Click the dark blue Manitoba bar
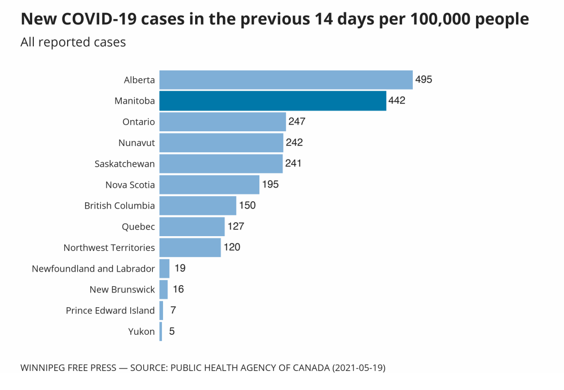[x=272, y=101]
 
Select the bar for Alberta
[x=286, y=80]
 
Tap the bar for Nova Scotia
[x=209, y=184]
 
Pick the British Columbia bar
[x=197, y=206]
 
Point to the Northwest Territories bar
[x=190, y=247]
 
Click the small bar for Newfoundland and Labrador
[x=165, y=268]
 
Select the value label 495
[x=424, y=79]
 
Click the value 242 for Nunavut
[x=294, y=143]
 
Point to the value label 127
[x=236, y=227]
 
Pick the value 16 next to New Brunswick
[x=178, y=289]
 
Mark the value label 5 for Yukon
[x=171, y=331]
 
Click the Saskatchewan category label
[x=125, y=164]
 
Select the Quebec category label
[x=138, y=227]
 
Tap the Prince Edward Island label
[x=110, y=311]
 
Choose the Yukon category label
[x=142, y=331]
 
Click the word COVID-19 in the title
[x=108, y=19]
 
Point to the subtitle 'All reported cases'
[x=73, y=42]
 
